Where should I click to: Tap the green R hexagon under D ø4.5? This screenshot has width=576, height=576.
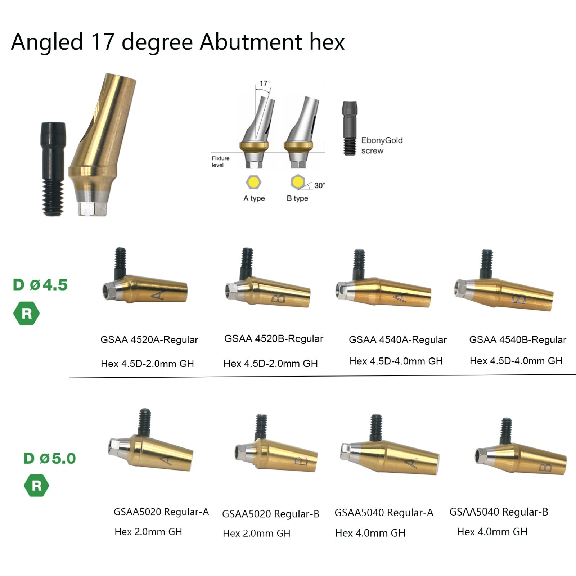click(x=27, y=314)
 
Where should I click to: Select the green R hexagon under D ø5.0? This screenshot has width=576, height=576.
click(x=37, y=486)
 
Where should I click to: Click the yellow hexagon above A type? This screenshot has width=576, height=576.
click(x=253, y=183)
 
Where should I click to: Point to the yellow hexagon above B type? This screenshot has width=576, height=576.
click(x=298, y=182)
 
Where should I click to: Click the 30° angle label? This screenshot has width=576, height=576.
click(x=319, y=185)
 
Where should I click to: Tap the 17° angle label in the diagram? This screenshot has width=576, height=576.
click(x=265, y=84)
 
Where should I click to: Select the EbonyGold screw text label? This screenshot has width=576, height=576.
click(x=382, y=145)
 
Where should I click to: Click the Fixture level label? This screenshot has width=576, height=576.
click(x=220, y=162)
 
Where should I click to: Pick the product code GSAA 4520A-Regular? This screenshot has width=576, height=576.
click(x=149, y=339)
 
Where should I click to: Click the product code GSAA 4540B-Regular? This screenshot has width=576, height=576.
click(x=518, y=339)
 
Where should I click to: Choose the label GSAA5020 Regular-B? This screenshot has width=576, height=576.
click(x=271, y=514)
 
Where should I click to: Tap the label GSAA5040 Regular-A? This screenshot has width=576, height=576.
click(x=384, y=513)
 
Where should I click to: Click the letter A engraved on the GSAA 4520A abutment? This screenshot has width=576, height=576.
click(x=158, y=296)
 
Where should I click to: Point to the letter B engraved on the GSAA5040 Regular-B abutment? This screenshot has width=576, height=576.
click(x=545, y=467)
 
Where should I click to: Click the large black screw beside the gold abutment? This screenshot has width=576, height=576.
click(x=53, y=169)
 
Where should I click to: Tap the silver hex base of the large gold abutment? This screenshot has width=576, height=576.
click(x=92, y=208)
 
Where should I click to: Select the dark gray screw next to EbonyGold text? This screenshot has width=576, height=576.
click(x=350, y=128)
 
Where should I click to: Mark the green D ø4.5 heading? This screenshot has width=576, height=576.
click(x=40, y=285)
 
